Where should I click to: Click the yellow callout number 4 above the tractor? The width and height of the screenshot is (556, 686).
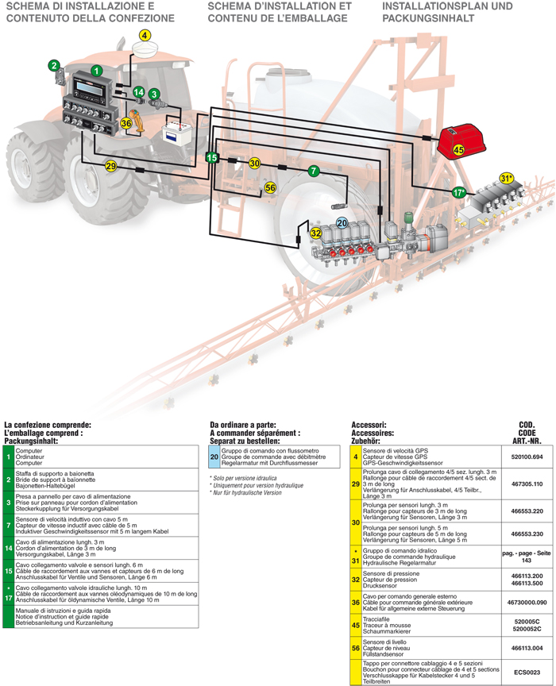145,35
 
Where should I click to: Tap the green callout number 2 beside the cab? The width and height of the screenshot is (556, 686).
54,65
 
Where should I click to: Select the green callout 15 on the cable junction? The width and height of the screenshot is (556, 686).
211,158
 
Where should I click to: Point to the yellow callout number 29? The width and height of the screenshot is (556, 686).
110,165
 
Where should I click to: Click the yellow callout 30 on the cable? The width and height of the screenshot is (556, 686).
254,163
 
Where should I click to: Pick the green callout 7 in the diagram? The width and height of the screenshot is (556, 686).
314,171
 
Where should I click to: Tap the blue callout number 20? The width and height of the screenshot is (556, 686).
342,224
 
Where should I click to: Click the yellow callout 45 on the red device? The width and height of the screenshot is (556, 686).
458,148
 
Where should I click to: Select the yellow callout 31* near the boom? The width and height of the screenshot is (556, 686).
507,178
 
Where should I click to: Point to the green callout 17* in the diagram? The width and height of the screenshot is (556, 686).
458,192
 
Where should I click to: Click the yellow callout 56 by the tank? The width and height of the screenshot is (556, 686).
270,187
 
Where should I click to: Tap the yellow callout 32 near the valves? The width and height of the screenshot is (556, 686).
315,233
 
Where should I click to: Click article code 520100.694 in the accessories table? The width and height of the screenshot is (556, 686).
527,457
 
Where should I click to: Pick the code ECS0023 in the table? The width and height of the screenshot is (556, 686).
527,671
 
